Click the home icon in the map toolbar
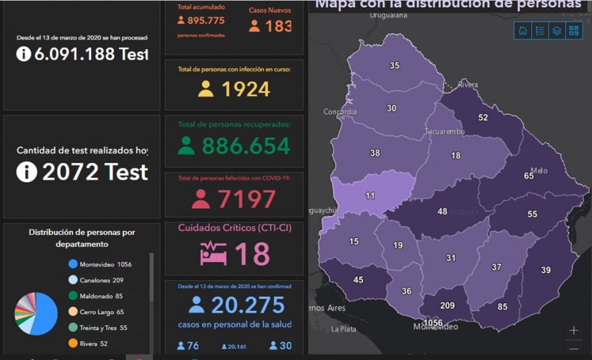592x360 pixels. click(522, 31)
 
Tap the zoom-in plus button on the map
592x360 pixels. click(574, 331)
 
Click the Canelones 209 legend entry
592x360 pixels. click(101, 280)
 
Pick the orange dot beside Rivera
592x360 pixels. click(73, 343)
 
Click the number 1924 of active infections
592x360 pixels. click(245, 89)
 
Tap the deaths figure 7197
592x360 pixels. click(245, 200)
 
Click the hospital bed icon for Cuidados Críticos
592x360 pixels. click(212, 253)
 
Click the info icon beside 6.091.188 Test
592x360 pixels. click(24, 54)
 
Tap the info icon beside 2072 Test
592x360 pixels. click(27, 172)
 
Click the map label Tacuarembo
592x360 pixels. click(444, 132)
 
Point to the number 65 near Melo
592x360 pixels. click(529, 176)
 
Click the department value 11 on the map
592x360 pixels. click(370, 196)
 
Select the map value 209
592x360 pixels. click(447, 305)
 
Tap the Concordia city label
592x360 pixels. click(340, 112)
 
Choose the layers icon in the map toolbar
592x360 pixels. click(557, 31)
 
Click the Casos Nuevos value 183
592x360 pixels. click(278, 26)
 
